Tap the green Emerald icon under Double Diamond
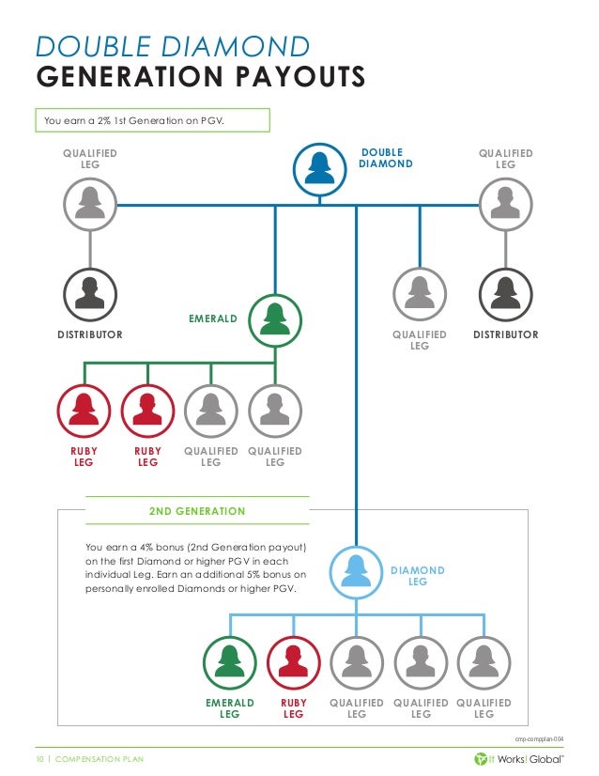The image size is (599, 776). point(275,321)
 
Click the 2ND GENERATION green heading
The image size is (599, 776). point(197,511)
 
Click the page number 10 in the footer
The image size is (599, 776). point(40,758)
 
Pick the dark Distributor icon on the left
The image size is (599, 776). point(90,294)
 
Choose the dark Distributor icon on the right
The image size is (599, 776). point(505,294)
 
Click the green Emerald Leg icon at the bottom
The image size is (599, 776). point(230,663)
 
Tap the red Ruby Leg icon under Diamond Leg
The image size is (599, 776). point(294,663)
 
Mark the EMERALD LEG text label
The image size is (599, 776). point(230,708)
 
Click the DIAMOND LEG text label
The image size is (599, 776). point(418,576)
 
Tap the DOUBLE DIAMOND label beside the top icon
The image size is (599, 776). point(386,158)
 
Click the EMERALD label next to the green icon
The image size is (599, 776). point(213,319)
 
